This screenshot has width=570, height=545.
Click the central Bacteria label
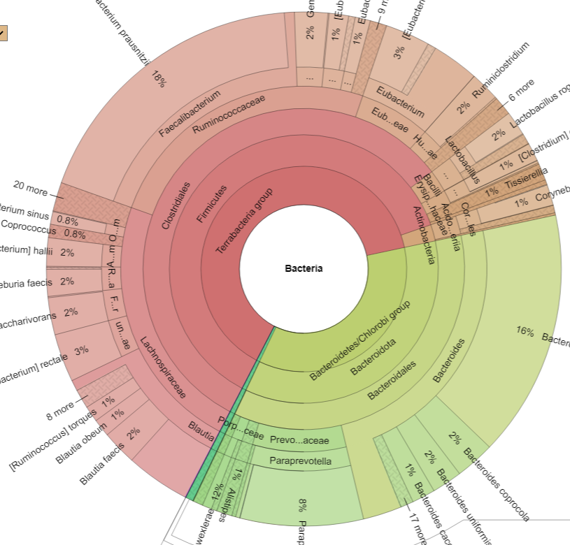coord(304,268)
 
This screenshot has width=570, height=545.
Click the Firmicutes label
coord(211,203)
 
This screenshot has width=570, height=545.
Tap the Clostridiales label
coord(176,205)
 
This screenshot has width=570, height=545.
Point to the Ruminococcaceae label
coord(229,115)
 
